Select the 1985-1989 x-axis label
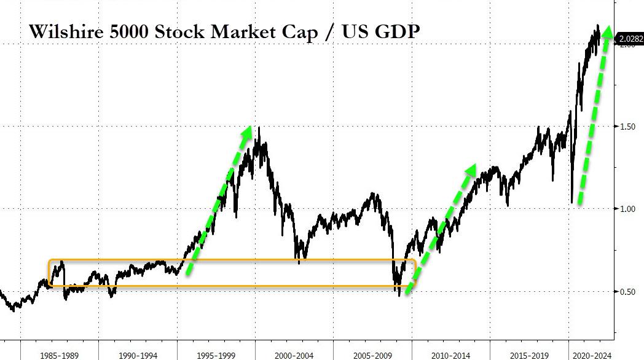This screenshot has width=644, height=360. click(58, 355)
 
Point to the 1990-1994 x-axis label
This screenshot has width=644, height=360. click(137, 355)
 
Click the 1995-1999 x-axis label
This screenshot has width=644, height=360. click(216, 355)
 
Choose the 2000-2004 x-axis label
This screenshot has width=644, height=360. click(294, 355)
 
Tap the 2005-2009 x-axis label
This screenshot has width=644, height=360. click(373, 355)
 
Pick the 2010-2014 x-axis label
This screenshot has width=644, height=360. click(452, 355)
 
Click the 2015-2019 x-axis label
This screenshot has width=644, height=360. click(530, 355)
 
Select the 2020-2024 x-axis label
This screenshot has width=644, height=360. click(592, 355)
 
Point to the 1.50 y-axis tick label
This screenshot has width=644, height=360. click(627, 126)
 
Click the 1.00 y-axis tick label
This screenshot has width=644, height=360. click(627, 209)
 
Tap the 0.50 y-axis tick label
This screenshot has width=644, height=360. click(627, 291)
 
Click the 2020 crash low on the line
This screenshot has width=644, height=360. click(572, 202)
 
